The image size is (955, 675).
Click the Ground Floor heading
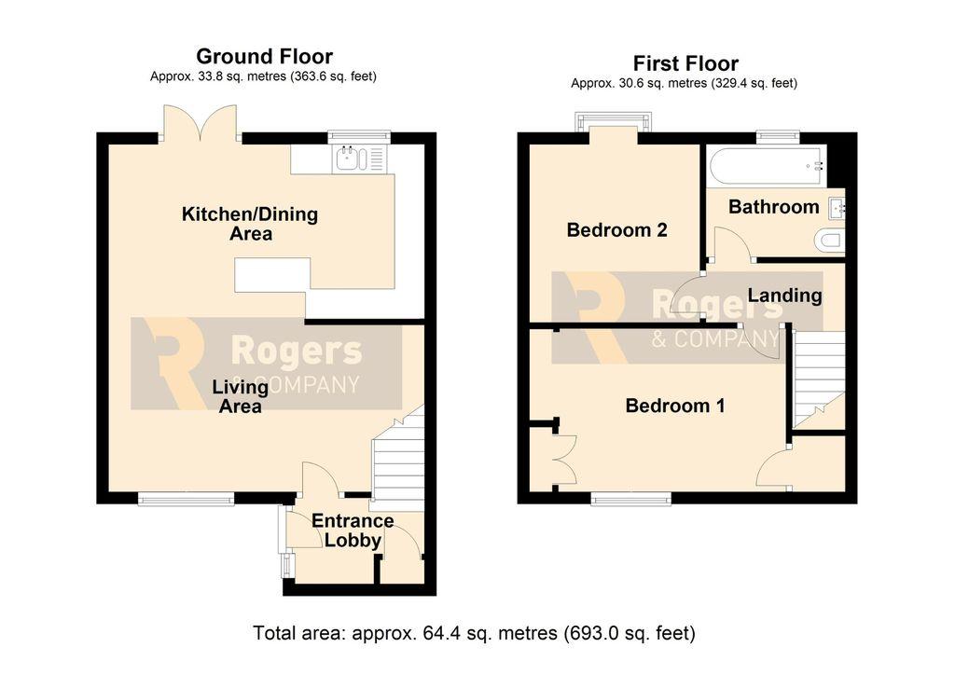coord(264,57)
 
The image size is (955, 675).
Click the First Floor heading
coord(685,63)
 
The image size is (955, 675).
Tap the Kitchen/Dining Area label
coord(250,224)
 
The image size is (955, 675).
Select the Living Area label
coord(240,396)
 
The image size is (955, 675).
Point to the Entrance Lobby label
coord(353,530)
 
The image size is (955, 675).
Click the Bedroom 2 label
coord(616,230)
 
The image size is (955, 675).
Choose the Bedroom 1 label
coord(675,406)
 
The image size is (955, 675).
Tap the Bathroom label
coord(773,207)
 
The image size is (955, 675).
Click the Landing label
coord(784,296)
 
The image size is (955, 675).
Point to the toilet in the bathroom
coord(829,240)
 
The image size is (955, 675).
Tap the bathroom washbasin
coord(837,208)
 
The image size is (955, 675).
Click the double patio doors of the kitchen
coord(200,124)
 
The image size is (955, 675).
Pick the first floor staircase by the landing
coord(819,380)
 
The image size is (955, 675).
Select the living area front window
coord(186,499)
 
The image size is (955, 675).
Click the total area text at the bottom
coord(474,633)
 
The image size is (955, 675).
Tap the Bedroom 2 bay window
coord(614,122)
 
